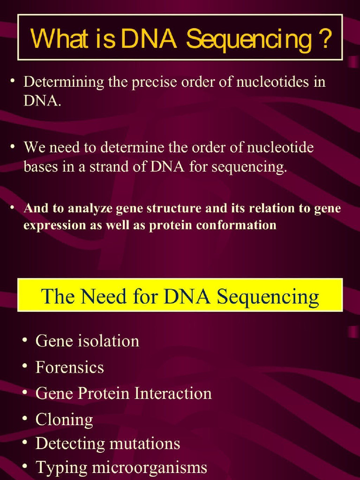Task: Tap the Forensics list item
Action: click(69, 367)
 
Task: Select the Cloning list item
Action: click(64, 420)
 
